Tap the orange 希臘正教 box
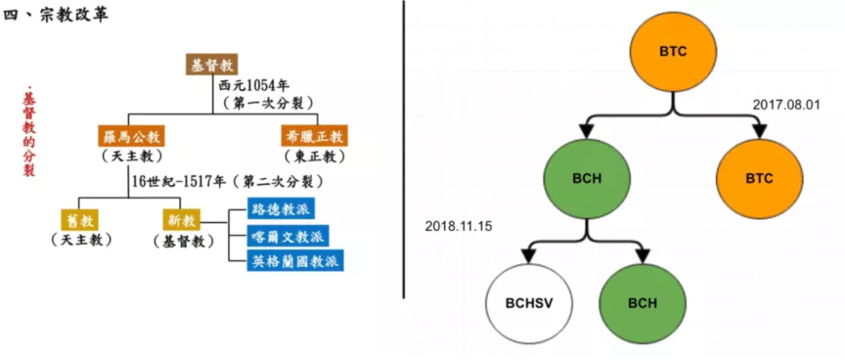[x=314, y=136]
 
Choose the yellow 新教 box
[x=183, y=220]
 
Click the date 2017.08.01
[x=790, y=104]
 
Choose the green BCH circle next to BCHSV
[x=642, y=302]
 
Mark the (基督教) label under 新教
[x=183, y=240]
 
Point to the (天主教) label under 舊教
[x=81, y=240]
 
